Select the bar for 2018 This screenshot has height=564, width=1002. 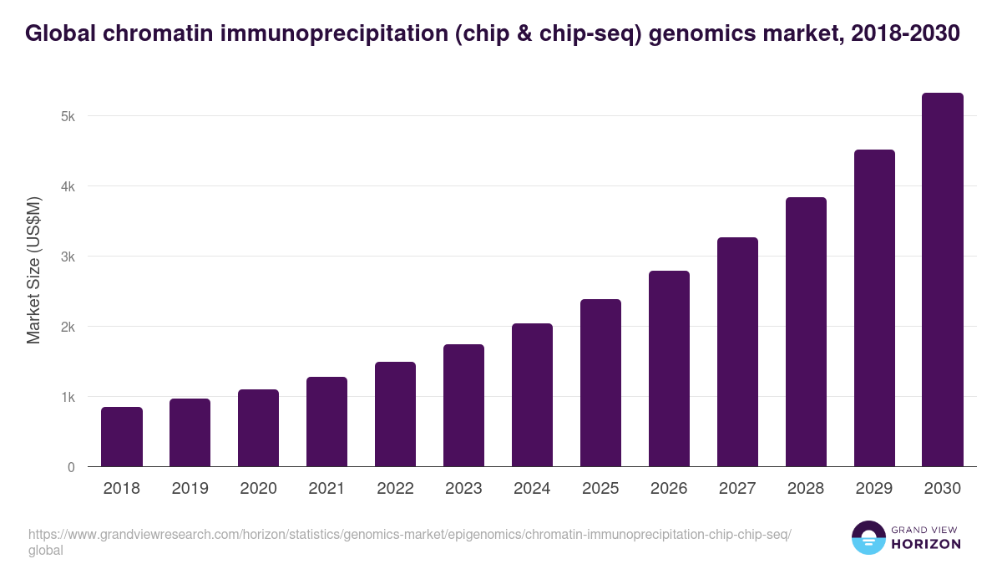click(122, 437)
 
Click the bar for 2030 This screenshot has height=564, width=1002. click(943, 280)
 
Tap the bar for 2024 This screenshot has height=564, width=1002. click(532, 395)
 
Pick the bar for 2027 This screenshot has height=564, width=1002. click(737, 352)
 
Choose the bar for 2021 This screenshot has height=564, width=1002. click(326, 422)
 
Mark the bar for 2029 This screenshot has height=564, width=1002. click(874, 308)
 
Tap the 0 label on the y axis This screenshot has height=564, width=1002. click(71, 467)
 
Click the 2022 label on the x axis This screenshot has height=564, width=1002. click(395, 489)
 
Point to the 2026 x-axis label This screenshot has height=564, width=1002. click(669, 489)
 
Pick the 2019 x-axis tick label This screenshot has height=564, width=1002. click(190, 489)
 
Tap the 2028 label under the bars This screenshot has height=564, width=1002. click(806, 489)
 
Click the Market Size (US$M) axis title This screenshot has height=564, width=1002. click(33, 270)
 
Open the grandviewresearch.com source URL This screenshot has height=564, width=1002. click(409, 535)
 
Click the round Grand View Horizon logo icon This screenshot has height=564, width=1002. click(868, 537)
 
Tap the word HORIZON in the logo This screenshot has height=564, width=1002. click(927, 544)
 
